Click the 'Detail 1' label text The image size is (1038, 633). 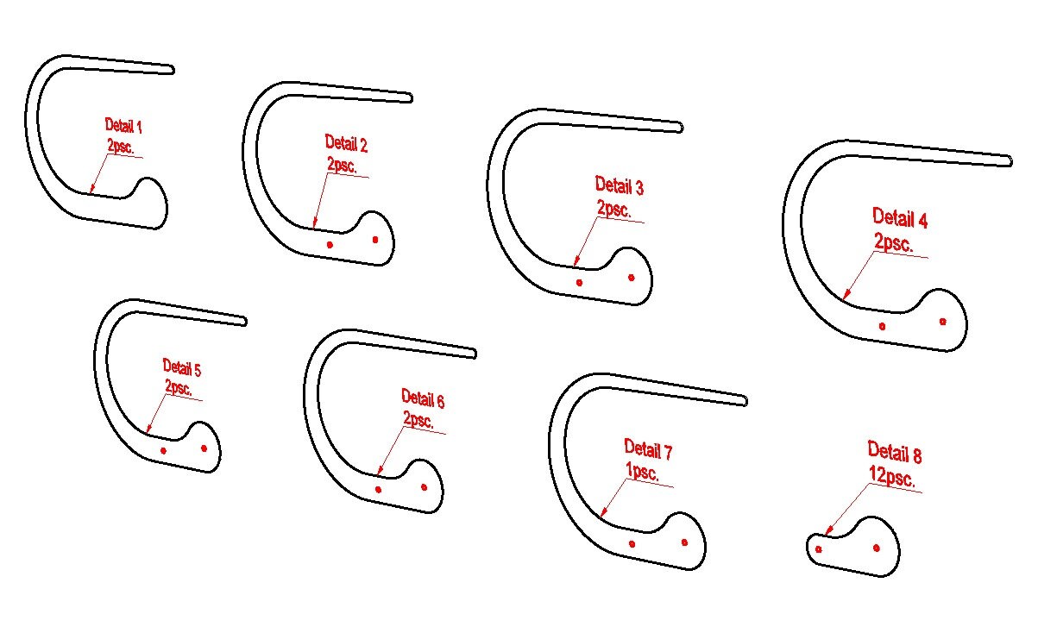click(x=123, y=126)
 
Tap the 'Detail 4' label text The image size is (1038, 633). click(x=900, y=218)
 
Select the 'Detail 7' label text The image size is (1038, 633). click(x=648, y=449)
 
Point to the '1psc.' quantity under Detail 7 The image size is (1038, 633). click(x=642, y=472)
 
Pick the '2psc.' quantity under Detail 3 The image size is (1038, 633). click(x=614, y=208)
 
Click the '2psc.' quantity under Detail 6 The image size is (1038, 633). click(x=418, y=419)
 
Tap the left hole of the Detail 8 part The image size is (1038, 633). click(x=818, y=549)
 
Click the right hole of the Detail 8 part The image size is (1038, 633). click(x=877, y=548)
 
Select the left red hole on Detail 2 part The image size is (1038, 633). click(x=330, y=245)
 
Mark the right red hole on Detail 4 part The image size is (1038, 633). click(x=942, y=322)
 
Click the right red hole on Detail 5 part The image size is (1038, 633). click(x=204, y=448)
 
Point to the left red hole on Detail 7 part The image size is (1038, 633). click(x=632, y=544)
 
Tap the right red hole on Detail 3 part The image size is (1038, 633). click(x=631, y=278)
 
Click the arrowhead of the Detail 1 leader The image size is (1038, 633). click(x=91, y=189)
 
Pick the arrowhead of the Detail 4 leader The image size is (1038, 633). click(x=846, y=294)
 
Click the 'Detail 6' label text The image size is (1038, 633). click(x=423, y=398)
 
